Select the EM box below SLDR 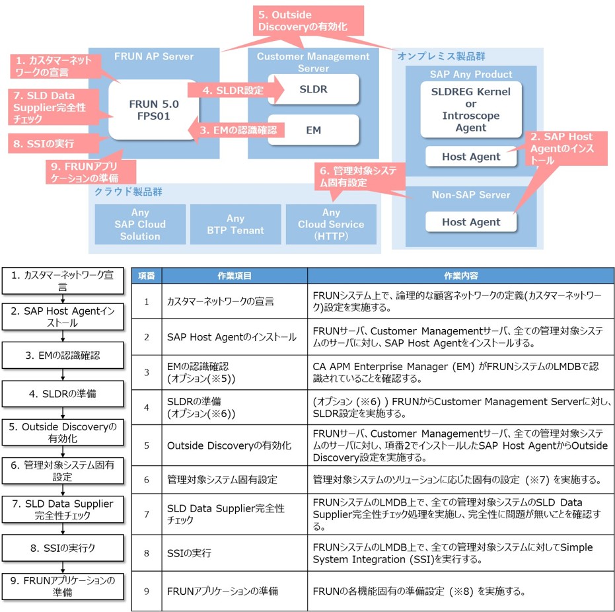point(314,130)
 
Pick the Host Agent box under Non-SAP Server point(471,222)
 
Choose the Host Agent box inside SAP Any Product point(471,157)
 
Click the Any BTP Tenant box point(236,225)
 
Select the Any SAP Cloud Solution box point(140,225)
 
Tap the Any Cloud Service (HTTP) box point(331,225)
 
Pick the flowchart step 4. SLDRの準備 point(62,394)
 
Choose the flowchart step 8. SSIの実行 point(62,547)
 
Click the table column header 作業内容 point(460,276)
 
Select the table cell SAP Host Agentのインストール point(232,337)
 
